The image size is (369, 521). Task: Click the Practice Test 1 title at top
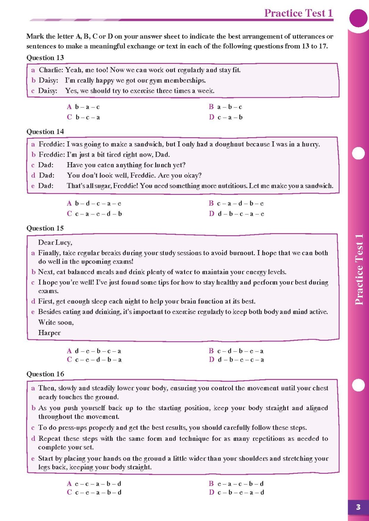click(298, 13)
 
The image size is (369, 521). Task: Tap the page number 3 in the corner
click(358, 507)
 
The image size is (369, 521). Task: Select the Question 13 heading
click(45, 58)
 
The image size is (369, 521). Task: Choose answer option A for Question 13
click(83, 107)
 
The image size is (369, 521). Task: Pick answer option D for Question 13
click(226, 117)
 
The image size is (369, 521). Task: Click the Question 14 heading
click(45, 132)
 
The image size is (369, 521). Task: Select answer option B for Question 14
click(236, 204)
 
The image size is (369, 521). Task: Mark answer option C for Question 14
click(94, 214)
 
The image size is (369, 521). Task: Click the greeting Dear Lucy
click(55, 242)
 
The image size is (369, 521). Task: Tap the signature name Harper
click(49, 333)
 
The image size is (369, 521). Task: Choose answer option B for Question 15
click(236, 351)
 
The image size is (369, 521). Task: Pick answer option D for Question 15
click(236, 360)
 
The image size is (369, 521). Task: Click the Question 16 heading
click(45, 374)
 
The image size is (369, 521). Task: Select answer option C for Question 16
click(94, 493)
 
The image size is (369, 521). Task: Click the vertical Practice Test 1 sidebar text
click(359, 270)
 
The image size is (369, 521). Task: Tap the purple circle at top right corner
click(358, 18)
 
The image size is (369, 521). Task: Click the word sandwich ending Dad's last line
click(319, 186)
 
